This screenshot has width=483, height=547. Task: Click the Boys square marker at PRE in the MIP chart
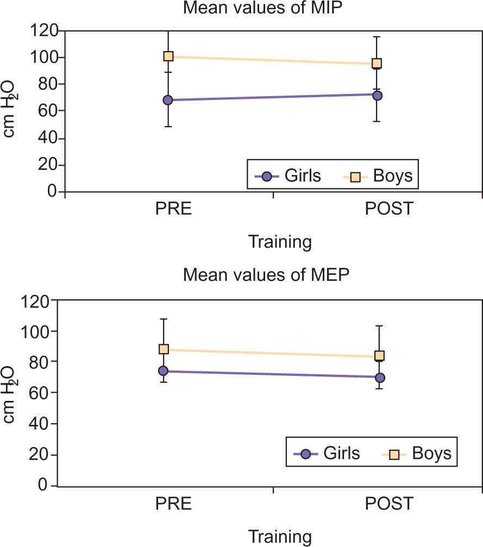pyautogui.click(x=168, y=56)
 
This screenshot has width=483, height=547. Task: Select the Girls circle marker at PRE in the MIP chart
pyautogui.click(x=168, y=100)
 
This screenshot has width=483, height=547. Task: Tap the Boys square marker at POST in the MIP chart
pyautogui.click(x=377, y=63)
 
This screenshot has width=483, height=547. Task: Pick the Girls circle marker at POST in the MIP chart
pyautogui.click(x=377, y=96)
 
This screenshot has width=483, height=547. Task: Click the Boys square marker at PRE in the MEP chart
pyautogui.click(x=164, y=349)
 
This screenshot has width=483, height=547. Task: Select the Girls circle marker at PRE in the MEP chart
pyautogui.click(x=163, y=371)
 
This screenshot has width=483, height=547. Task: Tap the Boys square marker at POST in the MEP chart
pyautogui.click(x=380, y=356)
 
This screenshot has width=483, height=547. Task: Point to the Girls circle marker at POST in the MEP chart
pyautogui.click(x=380, y=377)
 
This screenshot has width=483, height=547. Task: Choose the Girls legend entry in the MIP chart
pyautogui.click(x=288, y=176)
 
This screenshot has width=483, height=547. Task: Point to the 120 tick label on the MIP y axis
pyautogui.click(x=43, y=30)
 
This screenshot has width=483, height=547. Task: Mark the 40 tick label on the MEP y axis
pyautogui.click(x=39, y=423)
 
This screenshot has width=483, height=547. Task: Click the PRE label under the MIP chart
pyautogui.click(x=173, y=209)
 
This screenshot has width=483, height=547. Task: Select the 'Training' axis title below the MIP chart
pyautogui.click(x=280, y=241)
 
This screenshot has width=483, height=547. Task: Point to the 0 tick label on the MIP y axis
pyautogui.click(x=53, y=192)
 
